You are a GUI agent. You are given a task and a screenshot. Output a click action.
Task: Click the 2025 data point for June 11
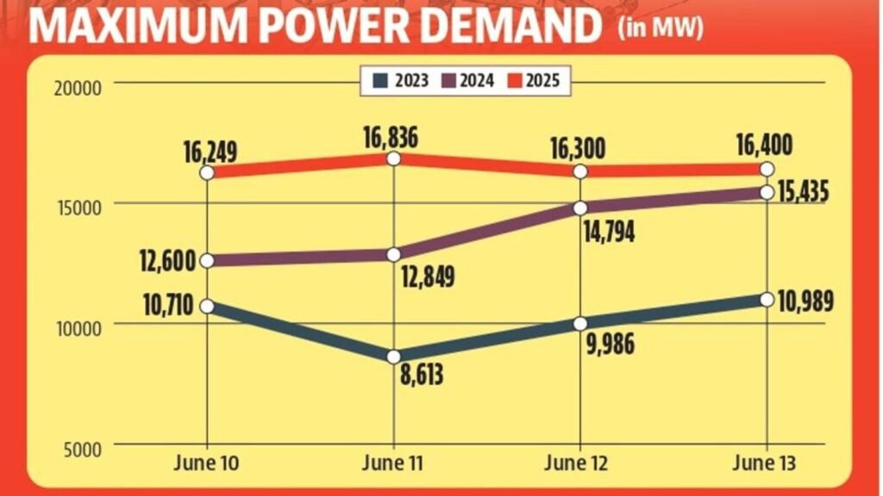pos(394,158)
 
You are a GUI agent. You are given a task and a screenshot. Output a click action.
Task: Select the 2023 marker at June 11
pos(394,356)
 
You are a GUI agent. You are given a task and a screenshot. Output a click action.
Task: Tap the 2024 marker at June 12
pos(580,208)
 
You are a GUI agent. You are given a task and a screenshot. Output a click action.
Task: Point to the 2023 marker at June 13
pos(767,299)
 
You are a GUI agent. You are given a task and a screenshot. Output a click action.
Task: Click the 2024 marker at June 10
pos(207,260)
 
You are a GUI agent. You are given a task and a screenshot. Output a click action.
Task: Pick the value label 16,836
pos(394,134)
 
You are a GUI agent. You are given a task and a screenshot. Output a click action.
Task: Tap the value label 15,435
pos(801,192)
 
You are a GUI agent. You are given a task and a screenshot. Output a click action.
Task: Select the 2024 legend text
pos(477,82)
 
